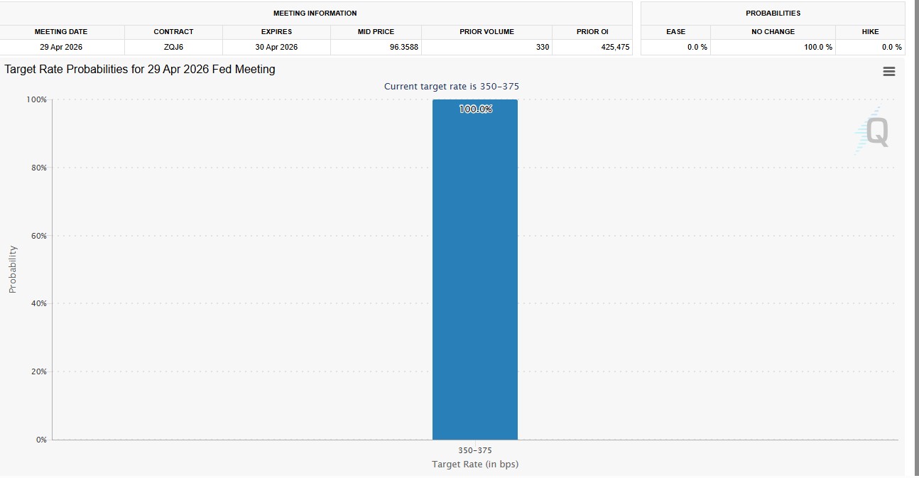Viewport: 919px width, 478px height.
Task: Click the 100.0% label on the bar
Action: [x=475, y=109]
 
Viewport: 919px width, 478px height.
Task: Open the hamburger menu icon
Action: [x=888, y=72]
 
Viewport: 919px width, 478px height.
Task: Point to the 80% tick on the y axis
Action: [x=37, y=168]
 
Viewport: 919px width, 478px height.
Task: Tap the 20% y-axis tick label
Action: [x=37, y=371]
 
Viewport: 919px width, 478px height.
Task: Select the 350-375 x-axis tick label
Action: [x=474, y=450]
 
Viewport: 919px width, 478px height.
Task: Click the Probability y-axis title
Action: [x=12, y=269]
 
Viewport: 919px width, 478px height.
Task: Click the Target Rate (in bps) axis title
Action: [x=474, y=465]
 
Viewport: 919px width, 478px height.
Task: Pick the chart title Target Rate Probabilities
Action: [x=140, y=70]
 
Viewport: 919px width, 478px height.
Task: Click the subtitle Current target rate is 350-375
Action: [x=452, y=87]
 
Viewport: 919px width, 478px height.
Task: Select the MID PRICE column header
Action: [x=376, y=32]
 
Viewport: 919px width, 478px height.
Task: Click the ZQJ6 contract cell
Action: [x=173, y=48]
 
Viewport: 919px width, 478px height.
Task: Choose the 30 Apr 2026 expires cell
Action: [x=276, y=48]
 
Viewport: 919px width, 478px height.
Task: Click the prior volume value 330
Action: [x=543, y=48]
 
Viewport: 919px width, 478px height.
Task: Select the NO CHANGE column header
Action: [x=773, y=32]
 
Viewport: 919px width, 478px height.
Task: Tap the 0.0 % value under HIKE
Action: [x=891, y=48]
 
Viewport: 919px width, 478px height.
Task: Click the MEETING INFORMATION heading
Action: [x=315, y=13]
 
